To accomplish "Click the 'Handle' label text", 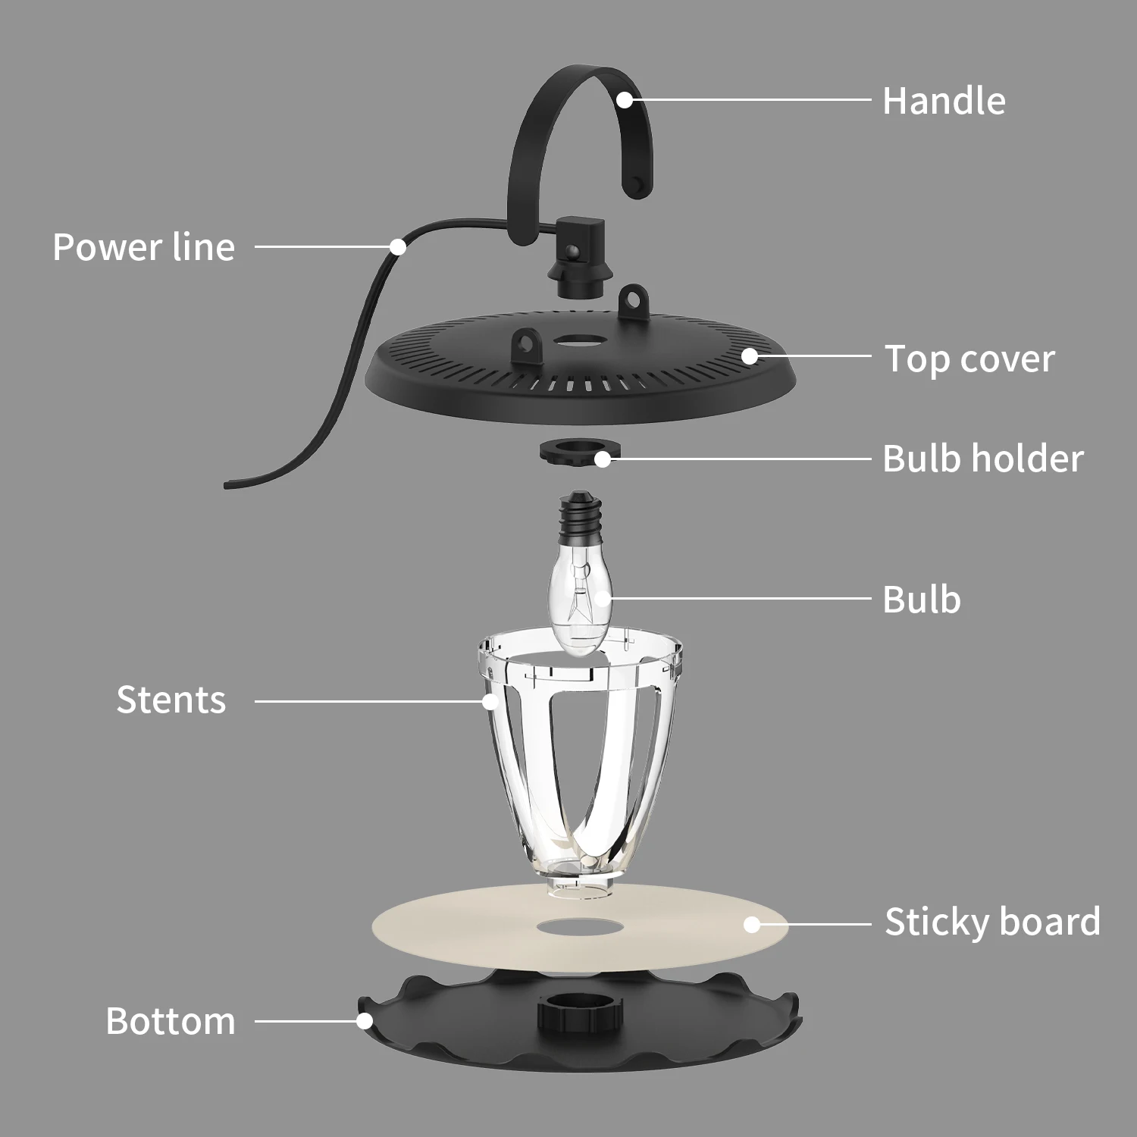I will pyautogui.click(x=944, y=101).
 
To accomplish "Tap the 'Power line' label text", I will pyautogui.click(x=143, y=247).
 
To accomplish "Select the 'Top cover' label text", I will pyautogui.click(x=969, y=359).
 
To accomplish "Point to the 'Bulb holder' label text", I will pyautogui.click(x=983, y=459).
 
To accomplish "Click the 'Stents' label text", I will pyautogui.click(x=171, y=700).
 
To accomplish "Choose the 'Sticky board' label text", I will pyautogui.click(x=992, y=922).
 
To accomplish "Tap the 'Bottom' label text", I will pyautogui.click(x=171, y=1021).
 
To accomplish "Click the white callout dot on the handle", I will pyautogui.click(x=624, y=99).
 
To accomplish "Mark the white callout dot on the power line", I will pyautogui.click(x=397, y=246).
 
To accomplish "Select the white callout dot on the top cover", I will pyautogui.click(x=750, y=356).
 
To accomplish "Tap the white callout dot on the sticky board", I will pyautogui.click(x=751, y=925).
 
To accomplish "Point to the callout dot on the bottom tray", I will pyautogui.click(x=365, y=1021).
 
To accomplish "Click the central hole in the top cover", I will pyautogui.click(x=578, y=342).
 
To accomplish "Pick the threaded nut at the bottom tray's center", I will pyautogui.click(x=580, y=1012).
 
